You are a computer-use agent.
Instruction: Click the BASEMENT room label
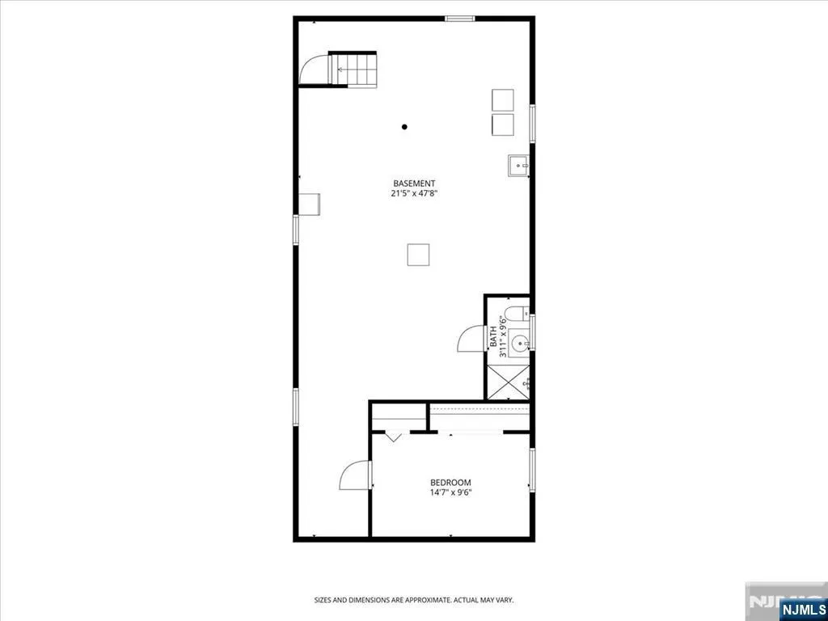click(x=415, y=184)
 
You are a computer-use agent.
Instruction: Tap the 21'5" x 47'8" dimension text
click(x=415, y=193)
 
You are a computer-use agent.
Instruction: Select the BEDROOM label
click(x=450, y=483)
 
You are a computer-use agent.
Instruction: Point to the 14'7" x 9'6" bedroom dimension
click(x=450, y=492)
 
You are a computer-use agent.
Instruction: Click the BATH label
click(x=493, y=336)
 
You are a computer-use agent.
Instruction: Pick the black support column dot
click(x=404, y=127)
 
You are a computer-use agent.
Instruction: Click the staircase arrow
click(x=343, y=70)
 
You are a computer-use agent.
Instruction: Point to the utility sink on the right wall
click(x=518, y=166)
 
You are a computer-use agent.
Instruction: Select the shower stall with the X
click(x=508, y=382)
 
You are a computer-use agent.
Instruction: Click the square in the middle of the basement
click(x=418, y=255)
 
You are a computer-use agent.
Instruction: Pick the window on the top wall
click(x=460, y=19)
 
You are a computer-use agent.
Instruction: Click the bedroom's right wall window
click(x=532, y=470)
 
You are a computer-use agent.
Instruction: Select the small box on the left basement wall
click(x=310, y=205)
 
